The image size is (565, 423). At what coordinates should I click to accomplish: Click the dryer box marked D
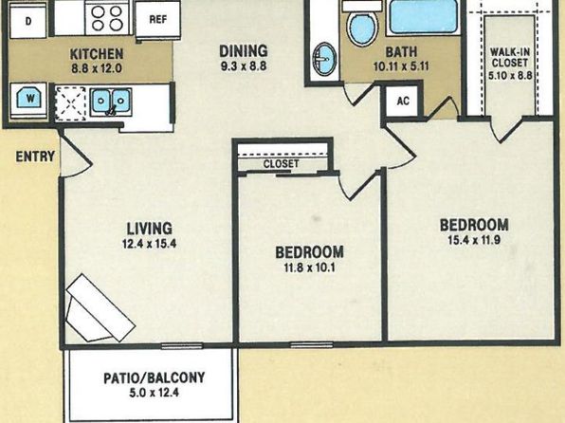coord(28,22)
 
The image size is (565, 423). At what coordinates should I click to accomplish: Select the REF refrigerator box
coord(157,19)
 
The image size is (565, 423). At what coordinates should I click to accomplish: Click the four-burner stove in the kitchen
coord(107,18)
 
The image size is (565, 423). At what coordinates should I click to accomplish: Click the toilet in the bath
coord(362,25)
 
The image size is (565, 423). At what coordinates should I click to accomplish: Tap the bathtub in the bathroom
coord(424,17)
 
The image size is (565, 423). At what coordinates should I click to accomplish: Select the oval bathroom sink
coord(325,59)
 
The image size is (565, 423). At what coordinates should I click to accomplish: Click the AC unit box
coord(403,101)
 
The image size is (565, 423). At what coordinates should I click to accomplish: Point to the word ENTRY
coord(35,156)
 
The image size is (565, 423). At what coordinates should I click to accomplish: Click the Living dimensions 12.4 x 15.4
coord(149,244)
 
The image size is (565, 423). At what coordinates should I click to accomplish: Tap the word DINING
coord(244,51)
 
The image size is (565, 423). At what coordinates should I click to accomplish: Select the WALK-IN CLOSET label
coord(510,57)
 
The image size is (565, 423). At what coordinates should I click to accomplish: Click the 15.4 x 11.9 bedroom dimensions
coord(474,240)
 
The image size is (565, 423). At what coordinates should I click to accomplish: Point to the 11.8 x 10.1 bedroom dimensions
coord(310,268)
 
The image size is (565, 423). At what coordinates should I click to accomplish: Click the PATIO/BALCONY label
coord(155,377)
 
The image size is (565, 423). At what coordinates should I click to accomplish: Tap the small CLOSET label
coord(281,164)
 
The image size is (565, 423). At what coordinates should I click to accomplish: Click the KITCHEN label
coord(97,54)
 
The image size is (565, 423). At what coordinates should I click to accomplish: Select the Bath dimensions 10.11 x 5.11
coord(401,66)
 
